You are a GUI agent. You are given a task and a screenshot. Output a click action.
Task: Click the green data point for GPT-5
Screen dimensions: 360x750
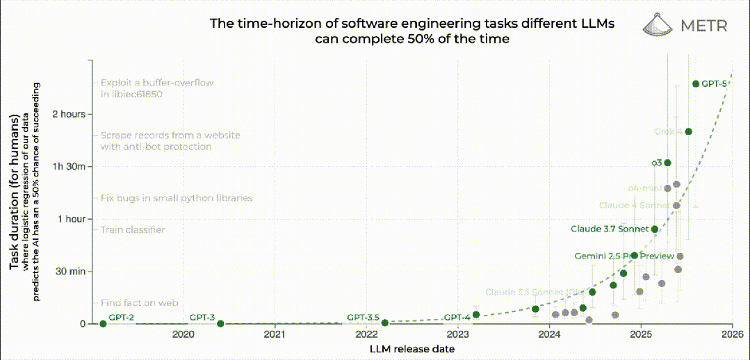tap(695, 84)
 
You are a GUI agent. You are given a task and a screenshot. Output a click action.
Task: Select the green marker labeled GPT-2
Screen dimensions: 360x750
tap(103, 323)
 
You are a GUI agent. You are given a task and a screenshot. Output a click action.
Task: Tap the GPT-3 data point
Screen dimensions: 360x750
tap(220, 323)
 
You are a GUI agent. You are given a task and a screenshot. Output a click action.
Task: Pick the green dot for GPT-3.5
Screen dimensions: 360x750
tap(384, 322)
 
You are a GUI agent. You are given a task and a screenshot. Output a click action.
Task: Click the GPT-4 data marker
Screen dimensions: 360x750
tap(476, 315)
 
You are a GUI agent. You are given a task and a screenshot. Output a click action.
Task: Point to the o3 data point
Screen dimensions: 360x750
tap(667, 163)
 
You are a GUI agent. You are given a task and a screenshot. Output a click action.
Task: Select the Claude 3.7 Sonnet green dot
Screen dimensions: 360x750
tap(654, 229)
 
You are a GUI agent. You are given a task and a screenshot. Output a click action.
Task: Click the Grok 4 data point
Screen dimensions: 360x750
tap(688, 131)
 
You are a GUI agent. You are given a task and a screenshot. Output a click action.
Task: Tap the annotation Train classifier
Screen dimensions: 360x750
tap(132, 230)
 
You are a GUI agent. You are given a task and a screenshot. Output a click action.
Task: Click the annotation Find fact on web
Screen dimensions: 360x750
tap(139, 303)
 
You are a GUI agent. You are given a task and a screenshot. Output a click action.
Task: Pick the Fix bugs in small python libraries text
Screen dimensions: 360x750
tap(176, 198)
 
